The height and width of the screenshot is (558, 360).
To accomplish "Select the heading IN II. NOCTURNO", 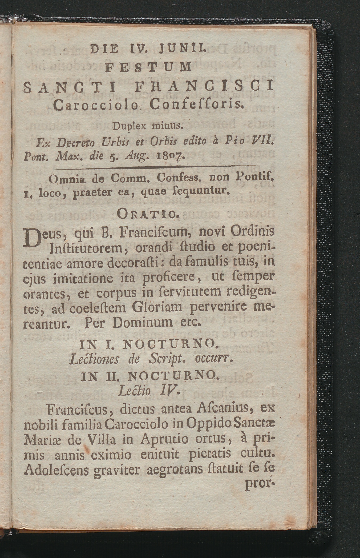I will [x=149, y=377].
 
